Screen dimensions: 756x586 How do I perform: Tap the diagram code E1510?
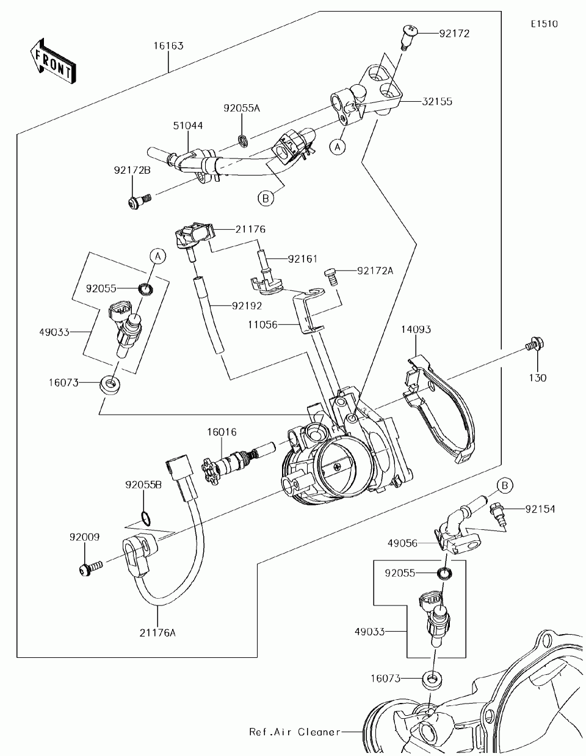pyautogui.click(x=543, y=24)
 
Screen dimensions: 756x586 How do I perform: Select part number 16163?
pyautogui.click(x=168, y=46)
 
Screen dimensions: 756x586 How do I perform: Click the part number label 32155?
pyautogui.click(x=436, y=102)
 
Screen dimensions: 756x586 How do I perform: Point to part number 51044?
pyautogui.click(x=188, y=126)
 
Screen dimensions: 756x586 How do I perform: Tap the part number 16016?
pyautogui.click(x=222, y=432)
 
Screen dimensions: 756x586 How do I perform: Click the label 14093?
pyautogui.click(x=416, y=330)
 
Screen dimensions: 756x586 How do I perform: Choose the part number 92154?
pyautogui.click(x=538, y=509)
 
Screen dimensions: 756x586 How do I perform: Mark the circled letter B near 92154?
pyautogui.click(x=504, y=485)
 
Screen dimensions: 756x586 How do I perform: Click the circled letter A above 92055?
pyautogui.click(x=157, y=257)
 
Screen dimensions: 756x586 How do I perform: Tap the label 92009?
pyautogui.click(x=84, y=537)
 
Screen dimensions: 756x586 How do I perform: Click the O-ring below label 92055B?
pyautogui.click(x=145, y=519)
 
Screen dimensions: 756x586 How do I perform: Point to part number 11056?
pyautogui.click(x=263, y=325)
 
